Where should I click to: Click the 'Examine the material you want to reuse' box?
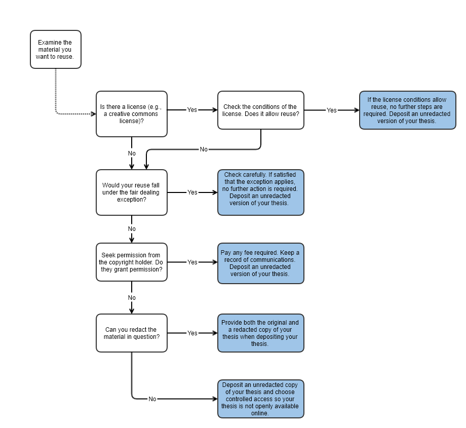[56, 49]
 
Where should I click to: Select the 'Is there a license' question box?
[132, 114]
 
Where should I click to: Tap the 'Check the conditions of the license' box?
[261, 110]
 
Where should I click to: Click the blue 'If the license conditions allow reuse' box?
[407, 110]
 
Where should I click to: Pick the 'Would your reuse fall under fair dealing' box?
[132, 192]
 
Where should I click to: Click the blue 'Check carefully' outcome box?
[261, 192]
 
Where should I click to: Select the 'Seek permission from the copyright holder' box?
[132, 262]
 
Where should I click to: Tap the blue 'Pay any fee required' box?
[261, 263]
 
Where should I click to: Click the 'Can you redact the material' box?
[132, 333]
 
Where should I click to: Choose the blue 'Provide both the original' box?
[261, 333]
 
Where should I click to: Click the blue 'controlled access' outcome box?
[261, 399]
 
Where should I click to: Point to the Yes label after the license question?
[192, 110]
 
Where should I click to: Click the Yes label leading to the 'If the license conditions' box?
[332, 110]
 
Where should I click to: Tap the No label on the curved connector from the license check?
[204, 149]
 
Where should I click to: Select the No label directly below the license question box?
[132, 153]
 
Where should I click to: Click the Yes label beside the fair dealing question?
[192, 192]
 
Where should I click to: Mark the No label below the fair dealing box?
[132, 229]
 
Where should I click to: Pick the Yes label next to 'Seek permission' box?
[192, 262]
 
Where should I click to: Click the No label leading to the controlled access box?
[152, 399]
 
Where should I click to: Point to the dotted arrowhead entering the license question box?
[94, 114]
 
